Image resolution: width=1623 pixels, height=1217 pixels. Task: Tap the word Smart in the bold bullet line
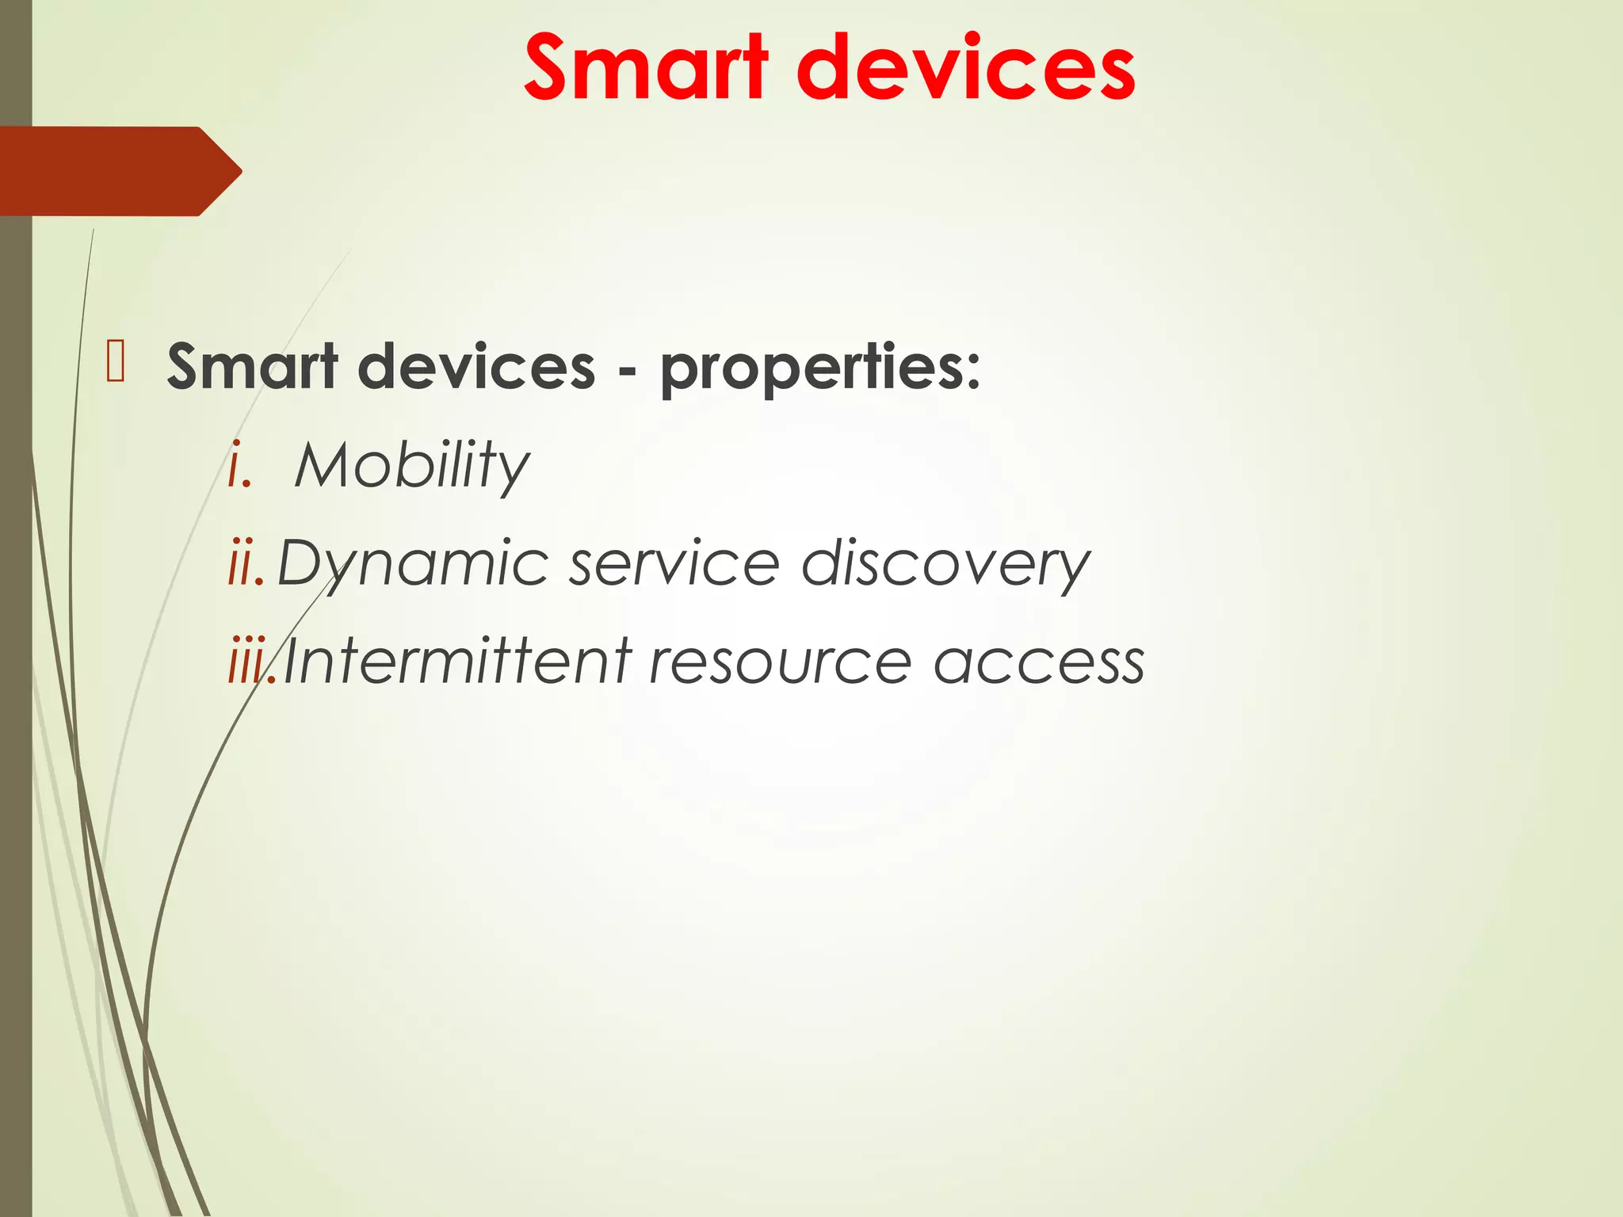tap(252, 367)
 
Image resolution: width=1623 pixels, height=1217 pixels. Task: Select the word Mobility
tap(411, 465)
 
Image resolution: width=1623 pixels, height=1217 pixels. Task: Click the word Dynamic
tap(412, 564)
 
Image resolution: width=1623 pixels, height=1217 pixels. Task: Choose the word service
tap(674, 564)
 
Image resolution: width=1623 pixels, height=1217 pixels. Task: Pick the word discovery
tap(945, 564)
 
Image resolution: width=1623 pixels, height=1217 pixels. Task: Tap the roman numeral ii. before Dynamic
tap(246, 564)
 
